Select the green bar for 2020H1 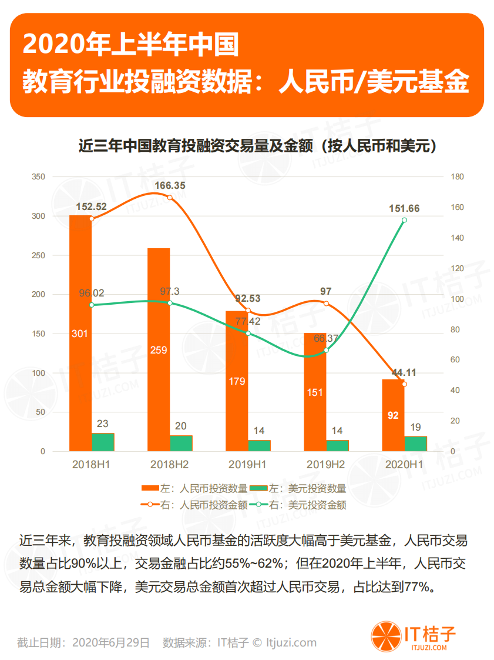point(415,444)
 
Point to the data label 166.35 point(170,185)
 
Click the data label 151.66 point(404,208)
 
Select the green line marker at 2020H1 point(404,220)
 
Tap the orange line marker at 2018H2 point(170,198)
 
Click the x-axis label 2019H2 point(325,465)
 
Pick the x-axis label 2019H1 point(247,465)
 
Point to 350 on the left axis point(38,177)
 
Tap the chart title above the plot point(258,146)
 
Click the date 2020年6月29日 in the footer point(110,642)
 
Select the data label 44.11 point(404,372)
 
